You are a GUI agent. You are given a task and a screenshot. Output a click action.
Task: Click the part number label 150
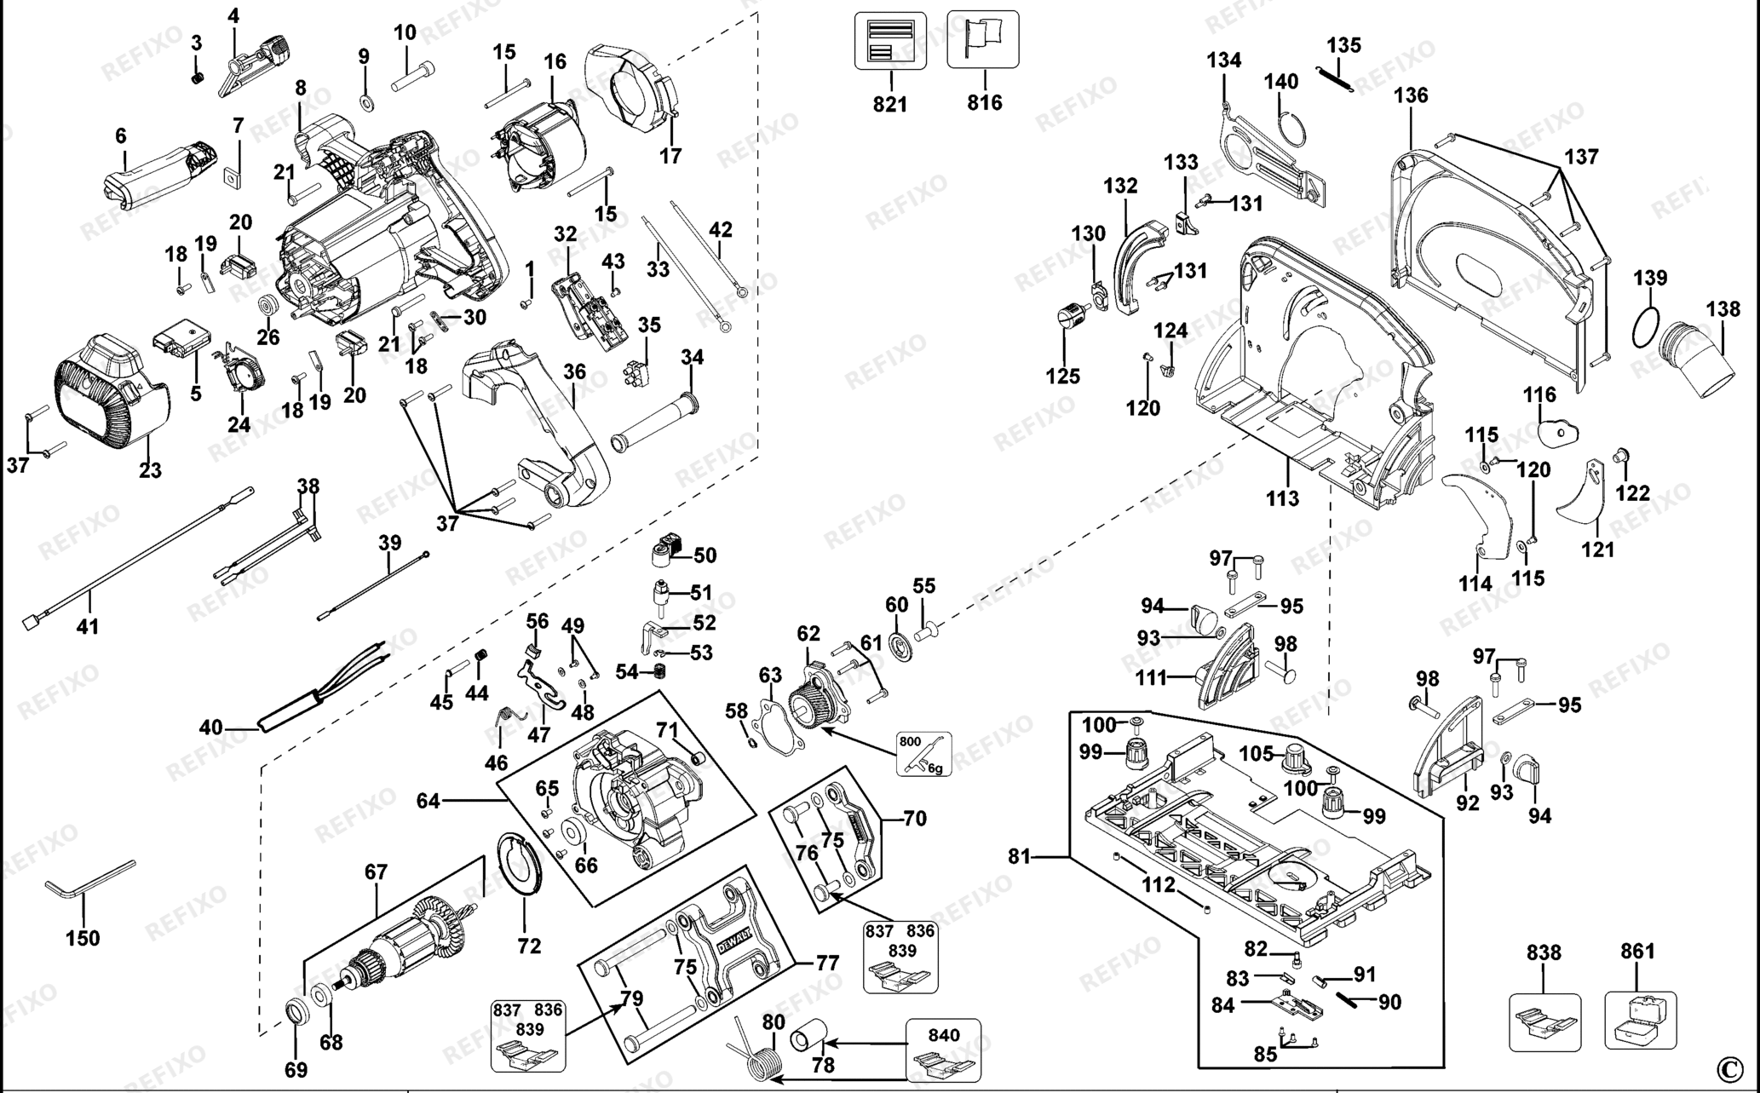(83, 938)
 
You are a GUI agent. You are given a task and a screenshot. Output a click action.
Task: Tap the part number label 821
(890, 104)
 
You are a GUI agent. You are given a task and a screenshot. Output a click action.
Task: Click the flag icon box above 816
(983, 39)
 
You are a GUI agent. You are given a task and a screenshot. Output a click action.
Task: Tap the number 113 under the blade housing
(1282, 498)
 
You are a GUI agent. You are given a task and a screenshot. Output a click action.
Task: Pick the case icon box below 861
(1641, 1021)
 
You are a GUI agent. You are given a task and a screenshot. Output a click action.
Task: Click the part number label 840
(943, 1035)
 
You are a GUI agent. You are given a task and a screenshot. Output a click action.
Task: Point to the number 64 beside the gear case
(428, 801)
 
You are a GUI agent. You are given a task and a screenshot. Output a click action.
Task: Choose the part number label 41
(88, 627)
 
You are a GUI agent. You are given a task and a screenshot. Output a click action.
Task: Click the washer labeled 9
(369, 103)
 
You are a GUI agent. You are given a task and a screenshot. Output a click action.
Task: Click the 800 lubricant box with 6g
(924, 754)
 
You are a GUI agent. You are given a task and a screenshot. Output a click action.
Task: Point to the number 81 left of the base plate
(1020, 856)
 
